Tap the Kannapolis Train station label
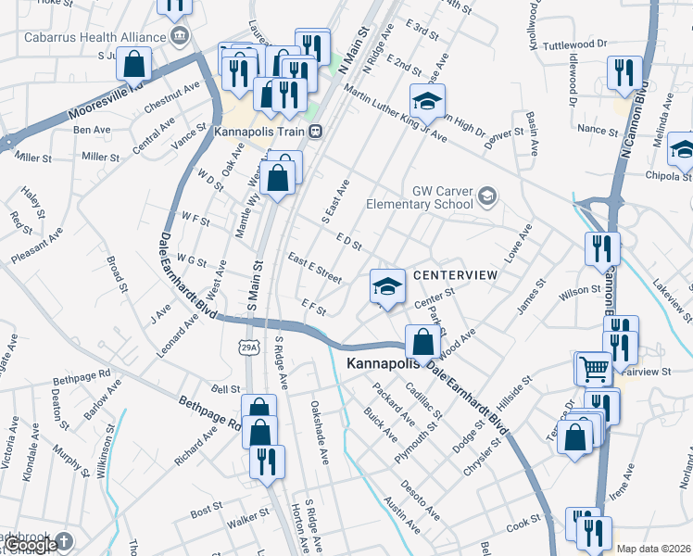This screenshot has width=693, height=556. tap(257, 132)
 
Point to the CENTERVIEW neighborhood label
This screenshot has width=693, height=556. tap(455, 275)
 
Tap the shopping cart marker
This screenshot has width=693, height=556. tap(593, 368)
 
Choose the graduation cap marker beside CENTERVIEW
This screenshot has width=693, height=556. tap(388, 286)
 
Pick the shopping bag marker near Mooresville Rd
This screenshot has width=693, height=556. tap(134, 65)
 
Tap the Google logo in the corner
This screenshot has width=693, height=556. tap(31, 546)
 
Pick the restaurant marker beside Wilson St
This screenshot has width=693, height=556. tap(602, 248)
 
